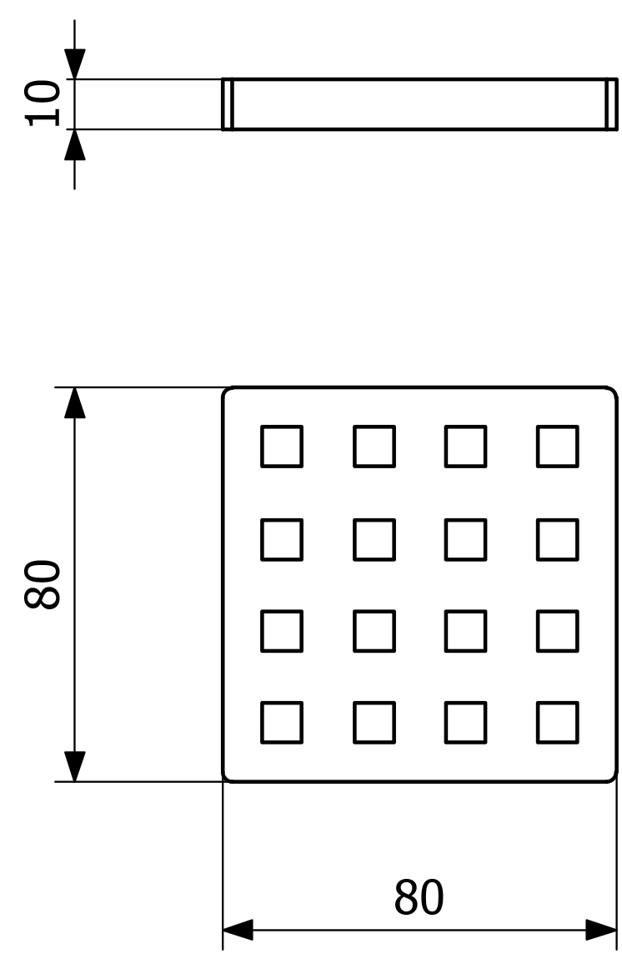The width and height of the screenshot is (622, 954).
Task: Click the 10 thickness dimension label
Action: pyautogui.click(x=42, y=103)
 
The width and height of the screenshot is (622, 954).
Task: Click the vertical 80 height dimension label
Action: pyautogui.click(x=42, y=584)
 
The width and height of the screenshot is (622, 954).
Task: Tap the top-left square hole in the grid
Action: pyautogui.click(x=282, y=446)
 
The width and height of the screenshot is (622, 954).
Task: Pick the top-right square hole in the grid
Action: pyautogui.click(x=557, y=446)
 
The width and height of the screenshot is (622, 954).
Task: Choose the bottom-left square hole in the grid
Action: pyautogui.click(x=282, y=723)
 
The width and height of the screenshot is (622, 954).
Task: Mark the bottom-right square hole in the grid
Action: pyautogui.click(x=557, y=723)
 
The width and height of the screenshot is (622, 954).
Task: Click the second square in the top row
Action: pyautogui.click(x=374, y=446)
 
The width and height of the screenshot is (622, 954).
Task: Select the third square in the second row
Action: pyautogui.click(x=465, y=539)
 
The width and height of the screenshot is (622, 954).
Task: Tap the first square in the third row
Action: pyautogui.click(x=282, y=631)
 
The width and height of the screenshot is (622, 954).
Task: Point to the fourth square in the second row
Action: pyautogui.click(x=557, y=539)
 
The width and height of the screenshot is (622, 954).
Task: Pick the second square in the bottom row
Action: pyautogui.click(x=374, y=723)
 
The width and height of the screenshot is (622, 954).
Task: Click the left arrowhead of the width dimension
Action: pyautogui.click(x=238, y=930)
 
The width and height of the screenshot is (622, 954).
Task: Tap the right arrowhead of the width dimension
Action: pyautogui.click(x=602, y=930)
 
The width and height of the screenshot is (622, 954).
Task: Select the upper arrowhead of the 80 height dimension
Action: pyautogui.click(x=75, y=402)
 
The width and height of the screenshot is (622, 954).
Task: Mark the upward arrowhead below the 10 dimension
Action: pyautogui.click(x=75, y=145)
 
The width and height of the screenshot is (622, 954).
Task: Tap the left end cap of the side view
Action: pyautogui.click(x=227, y=104)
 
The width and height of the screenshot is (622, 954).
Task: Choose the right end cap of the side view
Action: pyautogui.click(x=612, y=104)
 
